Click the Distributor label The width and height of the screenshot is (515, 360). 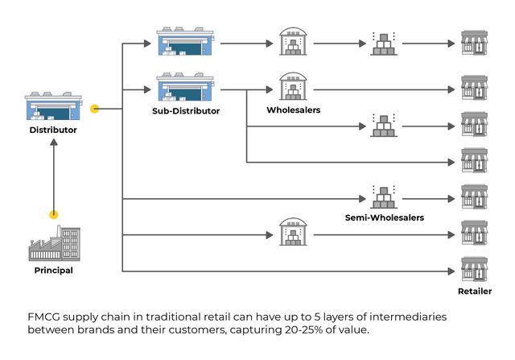coord(53,130)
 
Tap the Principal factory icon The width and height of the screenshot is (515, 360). coord(54,243)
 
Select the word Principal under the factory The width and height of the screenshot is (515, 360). coord(54,271)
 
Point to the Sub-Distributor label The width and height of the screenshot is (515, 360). coord(186,110)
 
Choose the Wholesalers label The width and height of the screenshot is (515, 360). coord(294,110)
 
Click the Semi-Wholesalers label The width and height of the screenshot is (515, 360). coord(384,217)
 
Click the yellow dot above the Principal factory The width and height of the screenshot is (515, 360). coord(54,215)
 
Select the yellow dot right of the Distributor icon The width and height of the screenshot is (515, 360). coord(95,108)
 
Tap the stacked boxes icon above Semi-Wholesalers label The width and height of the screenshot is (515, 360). coord(384,196)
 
